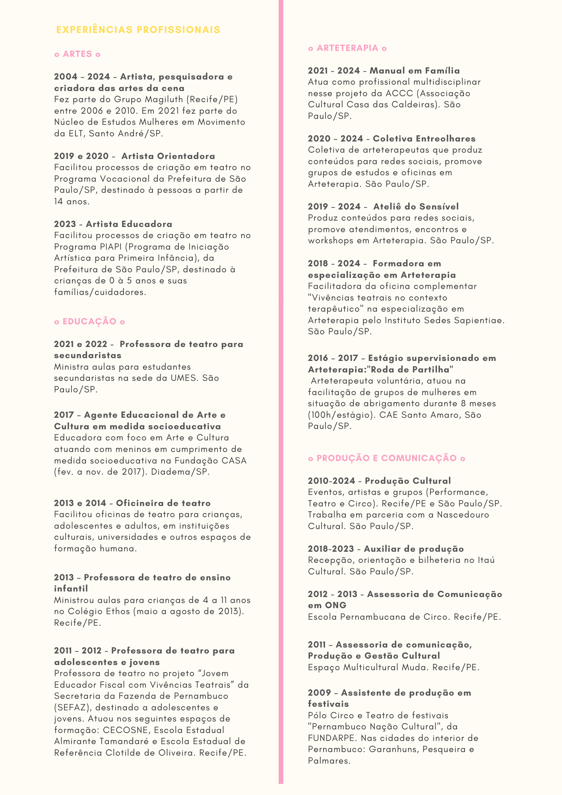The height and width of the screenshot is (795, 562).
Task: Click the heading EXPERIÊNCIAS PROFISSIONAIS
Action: [x=138, y=30]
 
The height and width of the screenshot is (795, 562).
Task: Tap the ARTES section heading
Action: [x=78, y=54]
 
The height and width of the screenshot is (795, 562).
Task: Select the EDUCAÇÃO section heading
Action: [x=89, y=322]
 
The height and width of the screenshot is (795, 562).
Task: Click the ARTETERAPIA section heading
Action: [x=347, y=48]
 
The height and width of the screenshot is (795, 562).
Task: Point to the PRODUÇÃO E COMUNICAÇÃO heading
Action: [x=386, y=458]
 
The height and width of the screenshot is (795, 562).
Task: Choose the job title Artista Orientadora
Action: [x=168, y=156]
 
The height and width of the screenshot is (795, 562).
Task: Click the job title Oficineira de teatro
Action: [x=163, y=503]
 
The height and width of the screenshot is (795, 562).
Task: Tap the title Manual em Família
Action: [x=415, y=71]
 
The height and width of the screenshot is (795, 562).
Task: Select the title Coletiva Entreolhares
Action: [x=424, y=139]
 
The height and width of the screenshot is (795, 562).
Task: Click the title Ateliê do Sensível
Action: [x=416, y=207]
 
